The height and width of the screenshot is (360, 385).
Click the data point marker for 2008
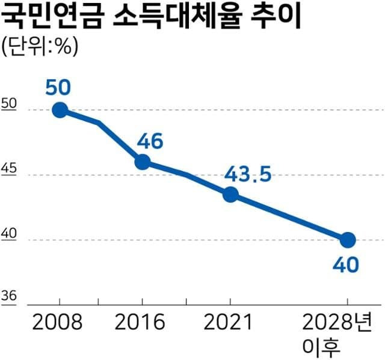tap(60, 110)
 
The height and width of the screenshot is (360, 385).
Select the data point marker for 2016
tap(142, 162)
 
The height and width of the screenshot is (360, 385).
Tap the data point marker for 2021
tap(230, 195)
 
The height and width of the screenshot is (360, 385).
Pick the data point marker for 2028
tap(348, 240)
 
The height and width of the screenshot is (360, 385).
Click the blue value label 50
tap(58, 87)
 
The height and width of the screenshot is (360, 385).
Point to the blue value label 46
tap(150, 142)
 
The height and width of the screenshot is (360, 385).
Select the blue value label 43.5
tap(248, 175)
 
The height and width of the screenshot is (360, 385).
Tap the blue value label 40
tap(347, 265)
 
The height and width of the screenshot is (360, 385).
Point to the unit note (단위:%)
tap(40, 46)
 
